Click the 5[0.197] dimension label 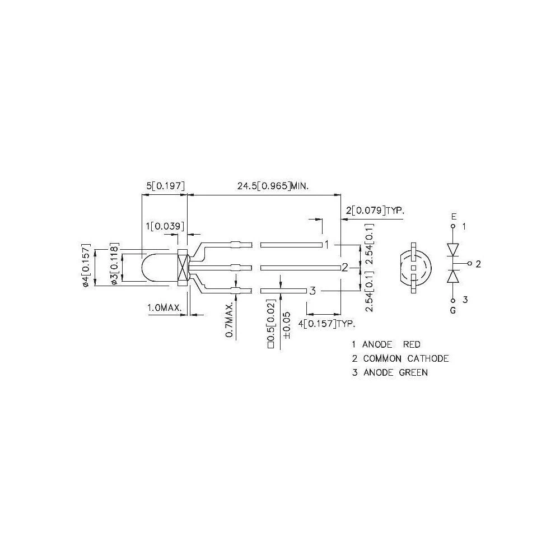(165, 186)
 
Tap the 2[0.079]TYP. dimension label (375, 211)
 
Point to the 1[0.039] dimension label (163, 226)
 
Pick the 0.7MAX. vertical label (230, 320)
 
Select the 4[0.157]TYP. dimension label (328, 324)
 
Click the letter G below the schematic (453, 310)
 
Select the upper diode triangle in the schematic (453, 248)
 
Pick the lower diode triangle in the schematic (453, 276)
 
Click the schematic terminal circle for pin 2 (469, 263)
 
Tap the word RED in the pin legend (412, 344)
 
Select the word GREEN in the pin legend (414, 372)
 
